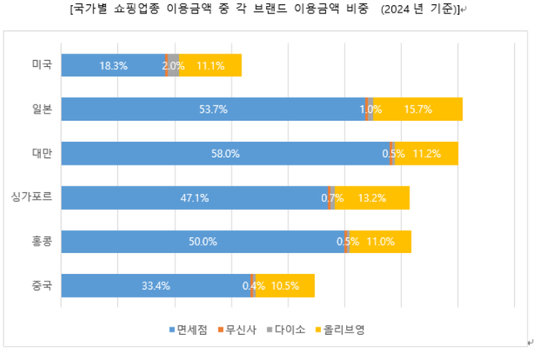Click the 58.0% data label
click(227, 154)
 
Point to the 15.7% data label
click(417, 109)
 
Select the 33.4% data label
click(156, 286)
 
